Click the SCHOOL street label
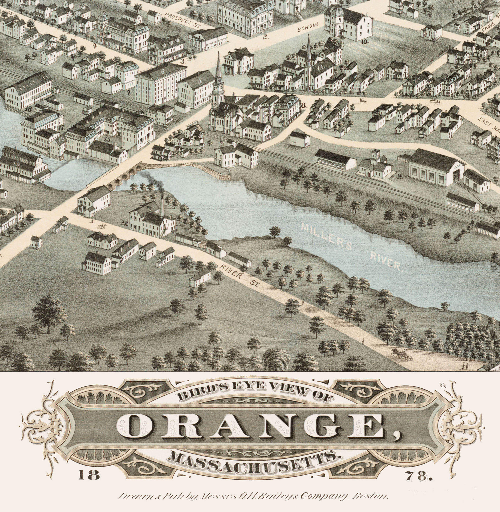[x=308, y=27]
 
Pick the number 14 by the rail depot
[x=399, y=176]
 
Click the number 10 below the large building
[x=365, y=42]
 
